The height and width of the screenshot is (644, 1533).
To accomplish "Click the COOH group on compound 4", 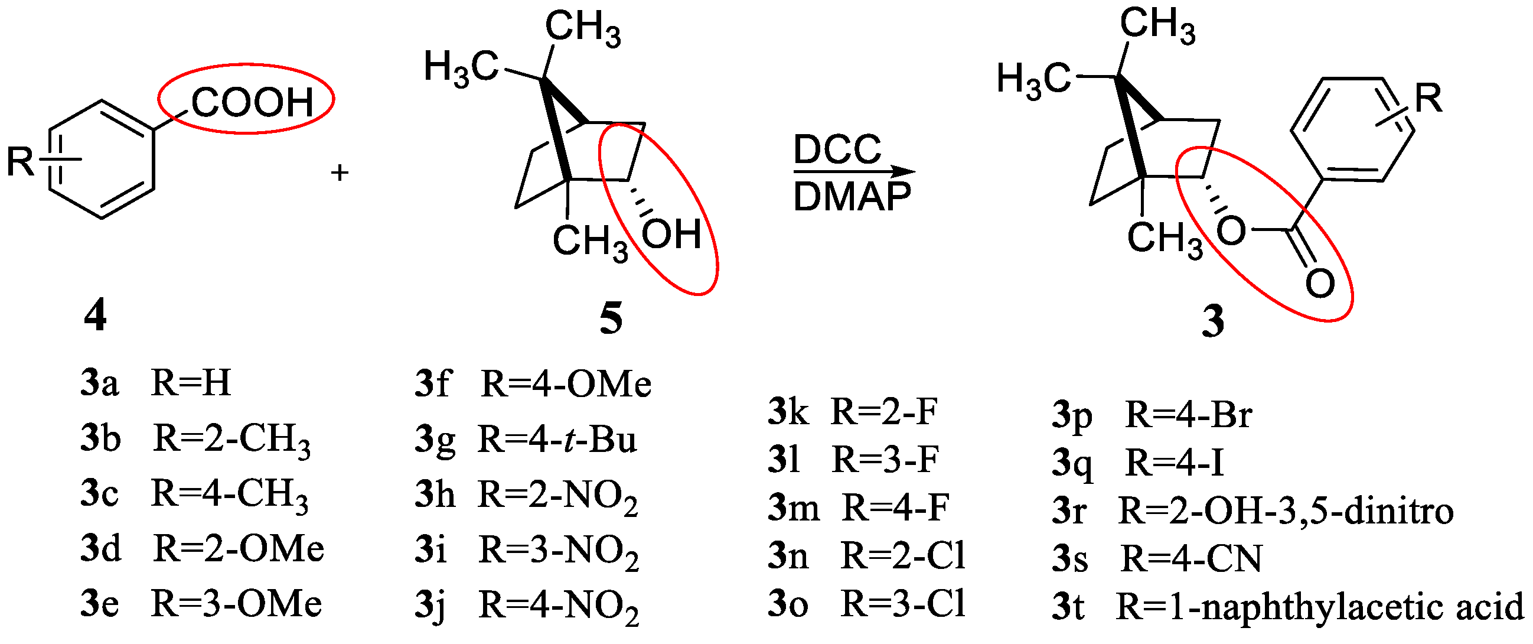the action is (252, 102).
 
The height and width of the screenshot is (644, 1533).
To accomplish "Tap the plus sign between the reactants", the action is (339, 173).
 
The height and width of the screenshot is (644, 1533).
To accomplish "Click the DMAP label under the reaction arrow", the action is (852, 197).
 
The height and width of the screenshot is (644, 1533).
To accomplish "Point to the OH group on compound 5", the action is (672, 234).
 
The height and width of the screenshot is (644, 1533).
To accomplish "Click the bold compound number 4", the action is (95, 315).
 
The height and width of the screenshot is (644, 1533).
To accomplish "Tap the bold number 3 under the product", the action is (1213, 321).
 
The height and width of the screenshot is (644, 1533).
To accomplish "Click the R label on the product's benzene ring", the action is (1429, 98).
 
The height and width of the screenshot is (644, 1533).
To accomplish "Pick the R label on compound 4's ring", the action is (20, 161).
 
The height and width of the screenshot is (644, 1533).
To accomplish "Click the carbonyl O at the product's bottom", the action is (1320, 284).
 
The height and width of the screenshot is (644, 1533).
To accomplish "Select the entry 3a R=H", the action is (156, 382).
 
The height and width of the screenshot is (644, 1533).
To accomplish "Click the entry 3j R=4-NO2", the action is (527, 606).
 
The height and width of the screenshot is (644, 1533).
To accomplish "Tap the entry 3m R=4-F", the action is (857, 508).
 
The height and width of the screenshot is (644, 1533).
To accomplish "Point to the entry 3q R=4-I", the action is (1137, 463).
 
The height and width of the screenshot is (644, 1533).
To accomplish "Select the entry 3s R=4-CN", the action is (1156, 559).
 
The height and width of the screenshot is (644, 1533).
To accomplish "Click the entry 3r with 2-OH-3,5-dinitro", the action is (1252, 511).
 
